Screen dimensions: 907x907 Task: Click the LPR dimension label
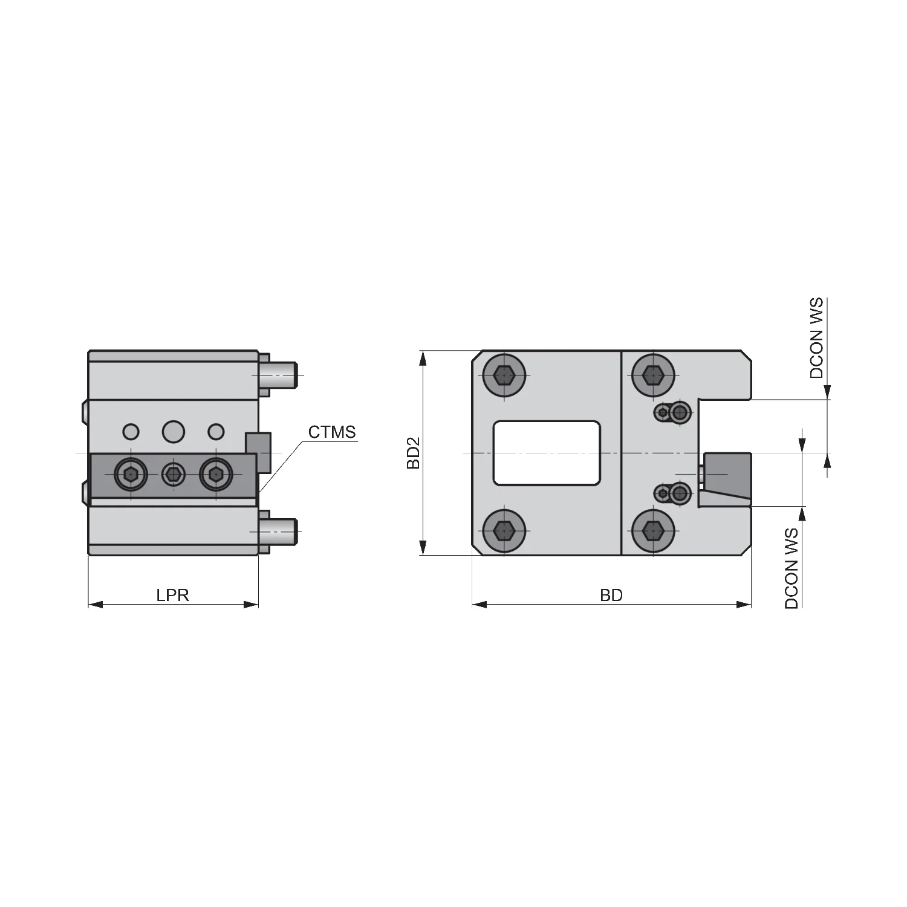pyautogui.click(x=173, y=595)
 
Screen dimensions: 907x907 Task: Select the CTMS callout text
pyautogui.click(x=332, y=432)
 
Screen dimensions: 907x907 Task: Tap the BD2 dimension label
pyautogui.click(x=414, y=453)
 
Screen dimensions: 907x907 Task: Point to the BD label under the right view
pyautogui.click(x=611, y=595)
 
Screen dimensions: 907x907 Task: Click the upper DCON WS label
pyautogui.click(x=816, y=338)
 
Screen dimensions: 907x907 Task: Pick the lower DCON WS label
pyautogui.click(x=792, y=568)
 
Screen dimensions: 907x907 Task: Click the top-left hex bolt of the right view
pyautogui.click(x=504, y=375)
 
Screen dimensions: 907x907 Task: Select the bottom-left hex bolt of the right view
pyautogui.click(x=504, y=532)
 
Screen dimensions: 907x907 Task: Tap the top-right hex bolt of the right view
pyautogui.click(x=652, y=375)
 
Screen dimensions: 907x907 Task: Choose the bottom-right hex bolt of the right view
pyautogui.click(x=652, y=532)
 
